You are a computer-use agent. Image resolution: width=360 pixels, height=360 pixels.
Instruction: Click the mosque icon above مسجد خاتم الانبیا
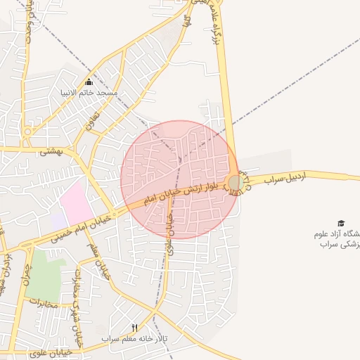89,82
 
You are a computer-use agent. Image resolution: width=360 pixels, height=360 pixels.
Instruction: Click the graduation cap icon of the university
341,223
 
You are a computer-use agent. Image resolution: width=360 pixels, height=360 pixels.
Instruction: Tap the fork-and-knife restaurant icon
134,328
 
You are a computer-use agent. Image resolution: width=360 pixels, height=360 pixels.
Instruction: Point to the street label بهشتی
51,150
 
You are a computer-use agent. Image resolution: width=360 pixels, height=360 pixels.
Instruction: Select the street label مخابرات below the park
42,302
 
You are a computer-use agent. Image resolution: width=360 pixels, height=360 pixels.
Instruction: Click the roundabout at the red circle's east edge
236,184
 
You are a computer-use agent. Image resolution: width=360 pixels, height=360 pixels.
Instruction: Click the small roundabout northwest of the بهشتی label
27,131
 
